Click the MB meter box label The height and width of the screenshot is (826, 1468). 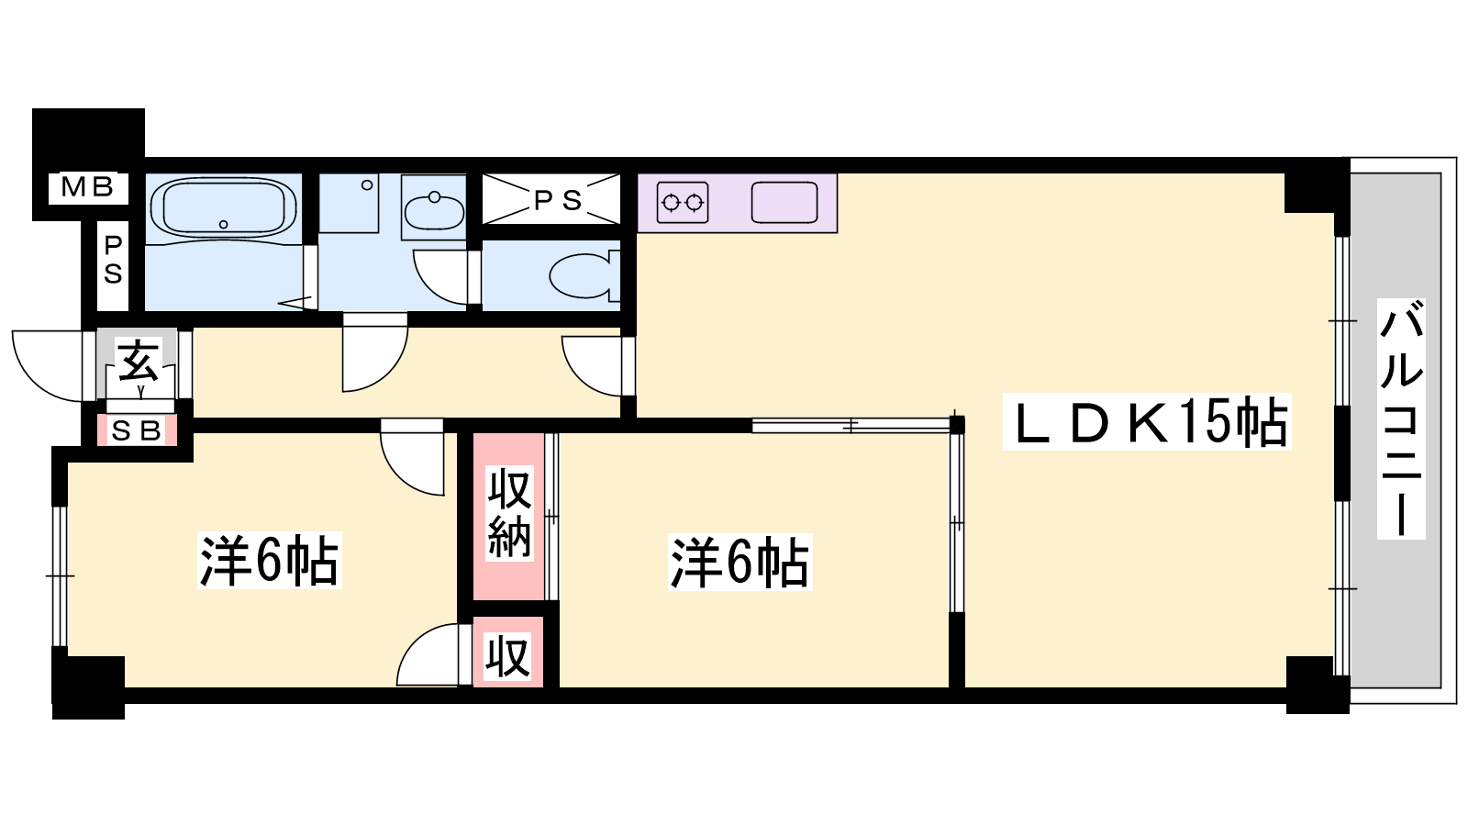point(87,187)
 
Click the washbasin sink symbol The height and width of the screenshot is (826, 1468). point(434,211)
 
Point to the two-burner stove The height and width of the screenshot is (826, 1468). point(683,203)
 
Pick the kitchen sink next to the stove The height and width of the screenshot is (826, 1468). point(784,203)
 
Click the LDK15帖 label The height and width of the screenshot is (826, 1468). point(1147,421)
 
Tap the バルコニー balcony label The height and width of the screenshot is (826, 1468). point(1400,419)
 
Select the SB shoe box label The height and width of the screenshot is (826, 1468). point(137,430)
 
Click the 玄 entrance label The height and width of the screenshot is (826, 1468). point(139,361)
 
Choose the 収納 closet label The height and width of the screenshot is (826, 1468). point(509,513)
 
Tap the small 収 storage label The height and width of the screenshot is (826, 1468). point(508,656)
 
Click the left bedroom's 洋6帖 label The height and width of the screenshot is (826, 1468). point(269,561)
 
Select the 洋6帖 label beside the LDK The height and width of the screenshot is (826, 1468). point(740,563)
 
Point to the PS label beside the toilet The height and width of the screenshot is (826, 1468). point(558,201)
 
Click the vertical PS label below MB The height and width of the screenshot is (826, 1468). point(114,261)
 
